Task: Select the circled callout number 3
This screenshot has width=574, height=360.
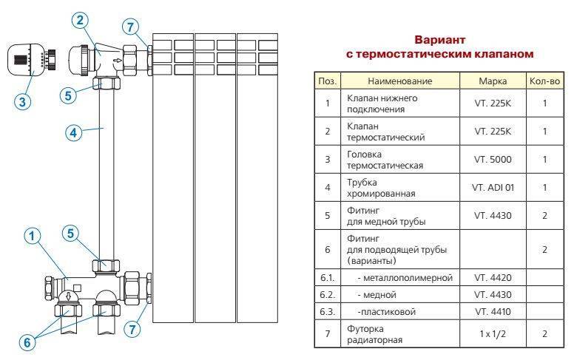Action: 24,102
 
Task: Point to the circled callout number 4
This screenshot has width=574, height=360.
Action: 72,133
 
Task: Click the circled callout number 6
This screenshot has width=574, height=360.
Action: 27,343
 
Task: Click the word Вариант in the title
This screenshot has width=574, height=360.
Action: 440,40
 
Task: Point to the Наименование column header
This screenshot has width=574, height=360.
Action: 399,81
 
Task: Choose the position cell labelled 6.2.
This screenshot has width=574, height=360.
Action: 326,294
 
